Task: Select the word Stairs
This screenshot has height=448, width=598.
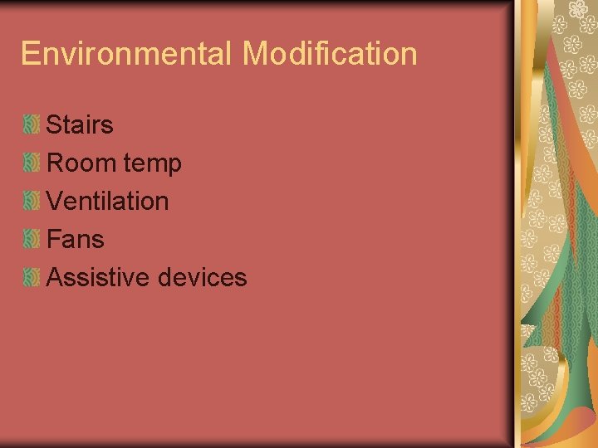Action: coord(80,125)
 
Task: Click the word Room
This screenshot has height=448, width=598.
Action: coord(81,163)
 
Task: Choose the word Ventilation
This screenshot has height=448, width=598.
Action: coord(107,201)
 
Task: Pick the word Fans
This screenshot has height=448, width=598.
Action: coord(75,239)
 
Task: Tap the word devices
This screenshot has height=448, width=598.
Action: coord(202,277)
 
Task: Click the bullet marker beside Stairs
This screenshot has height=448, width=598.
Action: coord(31,125)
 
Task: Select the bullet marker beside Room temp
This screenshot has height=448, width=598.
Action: coord(31,163)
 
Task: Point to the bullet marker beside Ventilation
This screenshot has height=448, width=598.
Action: coord(31,202)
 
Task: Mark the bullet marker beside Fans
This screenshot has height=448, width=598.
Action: coord(31,240)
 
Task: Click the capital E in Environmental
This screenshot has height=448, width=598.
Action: coord(30,54)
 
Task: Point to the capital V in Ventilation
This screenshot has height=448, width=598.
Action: coord(56,201)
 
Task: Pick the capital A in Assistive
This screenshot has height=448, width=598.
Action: coord(56,277)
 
